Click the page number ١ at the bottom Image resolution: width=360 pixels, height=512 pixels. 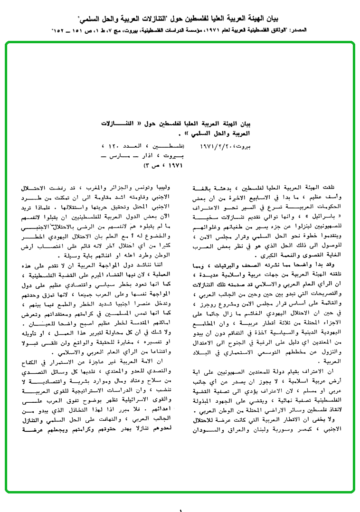tap(180, 510)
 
